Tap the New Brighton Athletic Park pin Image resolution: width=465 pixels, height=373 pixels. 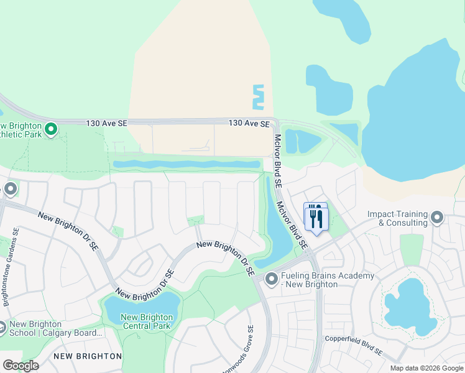(52, 129)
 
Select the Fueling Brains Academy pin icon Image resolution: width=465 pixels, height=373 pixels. (271, 279)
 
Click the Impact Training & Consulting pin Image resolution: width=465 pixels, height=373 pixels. (437, 218)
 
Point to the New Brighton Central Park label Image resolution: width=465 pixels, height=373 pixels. (148, 321)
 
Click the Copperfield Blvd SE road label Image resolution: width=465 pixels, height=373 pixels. (353, 346)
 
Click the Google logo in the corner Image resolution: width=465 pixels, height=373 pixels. (21, 366)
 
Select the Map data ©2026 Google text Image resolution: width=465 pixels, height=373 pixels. (426, 368)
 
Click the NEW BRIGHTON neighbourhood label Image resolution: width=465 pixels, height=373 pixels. (87, 356)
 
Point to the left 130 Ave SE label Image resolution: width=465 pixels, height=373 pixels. (108, 124)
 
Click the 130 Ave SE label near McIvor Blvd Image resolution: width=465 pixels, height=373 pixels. (249, 124)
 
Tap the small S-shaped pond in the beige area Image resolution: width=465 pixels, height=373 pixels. (258, 97)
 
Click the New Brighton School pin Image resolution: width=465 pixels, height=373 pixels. (2, 328)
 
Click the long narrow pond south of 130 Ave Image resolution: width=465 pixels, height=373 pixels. (186, 164)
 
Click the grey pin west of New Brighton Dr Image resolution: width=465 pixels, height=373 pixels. (10, 188)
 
